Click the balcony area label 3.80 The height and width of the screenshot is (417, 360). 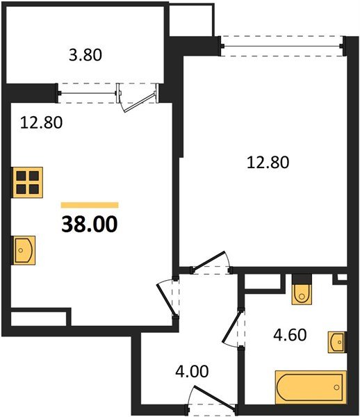(85, 56)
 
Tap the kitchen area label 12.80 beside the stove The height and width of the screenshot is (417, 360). (41, 122)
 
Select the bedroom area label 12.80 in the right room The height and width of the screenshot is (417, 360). (268, 162)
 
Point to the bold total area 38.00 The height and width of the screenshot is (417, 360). (90, 224)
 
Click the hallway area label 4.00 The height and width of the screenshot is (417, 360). (192, 371)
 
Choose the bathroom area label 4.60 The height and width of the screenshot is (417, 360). (290, 334)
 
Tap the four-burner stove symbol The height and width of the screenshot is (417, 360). (28, 182)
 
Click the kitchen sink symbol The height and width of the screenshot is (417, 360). (24, 250)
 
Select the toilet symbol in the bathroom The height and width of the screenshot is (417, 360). (302, 295)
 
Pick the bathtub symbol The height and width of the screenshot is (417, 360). (311, 387)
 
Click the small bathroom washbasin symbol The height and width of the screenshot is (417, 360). (337, 342)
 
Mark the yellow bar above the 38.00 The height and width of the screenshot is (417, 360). (90, 205)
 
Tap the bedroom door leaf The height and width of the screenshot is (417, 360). (208, 260)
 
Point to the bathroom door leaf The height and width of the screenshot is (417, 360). (232, 327)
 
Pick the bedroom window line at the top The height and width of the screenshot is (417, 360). (282, 47)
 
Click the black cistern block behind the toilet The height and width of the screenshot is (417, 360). (302, 279)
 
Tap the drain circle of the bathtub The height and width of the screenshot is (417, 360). (337, 387)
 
